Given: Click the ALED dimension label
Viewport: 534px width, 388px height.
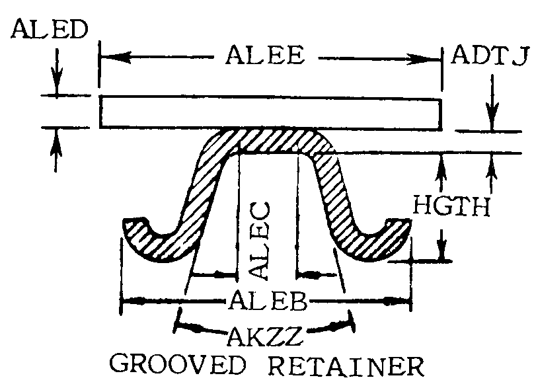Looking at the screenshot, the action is tap(50, 29).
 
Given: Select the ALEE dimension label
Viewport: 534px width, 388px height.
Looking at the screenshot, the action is tap(265, 56).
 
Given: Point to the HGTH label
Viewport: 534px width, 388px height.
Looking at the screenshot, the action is tap(451, 206).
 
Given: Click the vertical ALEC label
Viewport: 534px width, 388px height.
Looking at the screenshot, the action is tap(260, 241).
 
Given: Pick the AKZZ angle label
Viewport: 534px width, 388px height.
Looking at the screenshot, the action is tap(265, 336).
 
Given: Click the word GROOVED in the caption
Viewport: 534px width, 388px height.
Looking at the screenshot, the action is tap(177, 364).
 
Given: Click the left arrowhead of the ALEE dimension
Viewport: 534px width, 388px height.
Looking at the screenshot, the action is tap(115, 57).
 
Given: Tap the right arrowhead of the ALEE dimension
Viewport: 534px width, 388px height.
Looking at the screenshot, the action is tap(426, 59).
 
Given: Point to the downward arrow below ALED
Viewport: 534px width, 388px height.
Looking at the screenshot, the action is tap(57, 71).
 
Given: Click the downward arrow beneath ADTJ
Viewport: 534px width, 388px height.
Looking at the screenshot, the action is tap(492, 102).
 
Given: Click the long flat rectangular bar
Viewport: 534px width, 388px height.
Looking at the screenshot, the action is tap(271, 113).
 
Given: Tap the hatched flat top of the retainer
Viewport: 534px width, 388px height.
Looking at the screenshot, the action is tap(270, 139).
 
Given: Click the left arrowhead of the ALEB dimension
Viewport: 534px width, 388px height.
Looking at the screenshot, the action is tap(135, 301).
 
